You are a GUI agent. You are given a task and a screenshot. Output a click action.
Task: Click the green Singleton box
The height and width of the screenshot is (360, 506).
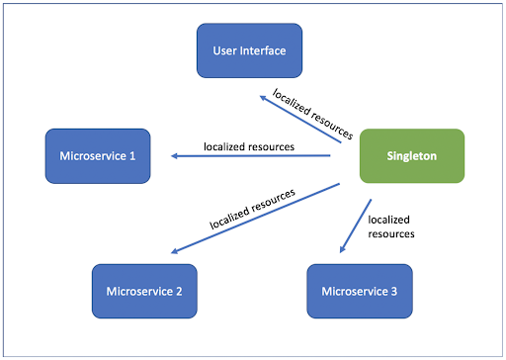pyautogui.click(x=411, y=155)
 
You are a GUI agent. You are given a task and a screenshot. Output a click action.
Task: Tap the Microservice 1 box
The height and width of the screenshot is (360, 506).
pyautogui.click(x=97, y=154)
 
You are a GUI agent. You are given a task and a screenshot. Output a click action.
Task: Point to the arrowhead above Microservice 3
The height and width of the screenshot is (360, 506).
pyautogui.click(x=342, y=251)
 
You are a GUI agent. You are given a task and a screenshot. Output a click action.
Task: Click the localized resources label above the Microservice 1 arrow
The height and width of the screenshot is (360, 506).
pyautogui.click(x=249, y=145)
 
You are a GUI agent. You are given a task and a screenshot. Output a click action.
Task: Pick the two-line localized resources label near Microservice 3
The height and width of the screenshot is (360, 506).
pyautogui.click(x=389, y=226)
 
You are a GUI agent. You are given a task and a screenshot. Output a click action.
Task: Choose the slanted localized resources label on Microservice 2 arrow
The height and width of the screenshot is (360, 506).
pyautogui.click(x=252, y=207)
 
